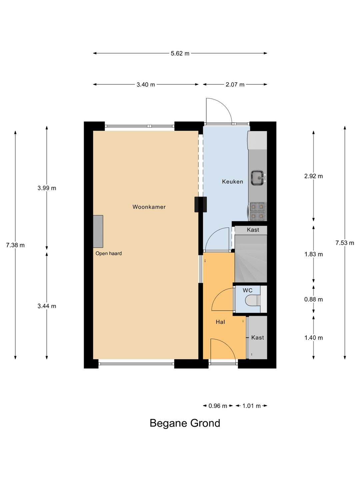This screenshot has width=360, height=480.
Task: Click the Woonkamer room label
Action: coord(149,207)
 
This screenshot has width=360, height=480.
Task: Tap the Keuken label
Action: coord(232,181)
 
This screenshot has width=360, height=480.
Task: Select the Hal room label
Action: coord(220,322)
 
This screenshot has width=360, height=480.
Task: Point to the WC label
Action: coord(247,290)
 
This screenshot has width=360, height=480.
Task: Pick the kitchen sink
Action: coord(258,177)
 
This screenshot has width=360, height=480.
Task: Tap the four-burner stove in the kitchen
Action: coord(257,211)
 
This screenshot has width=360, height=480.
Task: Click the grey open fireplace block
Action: coord(98,231)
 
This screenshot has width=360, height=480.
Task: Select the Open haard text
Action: coord(109,253)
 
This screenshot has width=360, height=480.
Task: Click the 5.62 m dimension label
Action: coord(180,53)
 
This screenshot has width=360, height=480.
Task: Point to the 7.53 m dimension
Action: coord(344,243)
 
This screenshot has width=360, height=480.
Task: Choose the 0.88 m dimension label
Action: coord(313,299)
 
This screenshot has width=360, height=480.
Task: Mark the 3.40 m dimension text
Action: coord(146,85)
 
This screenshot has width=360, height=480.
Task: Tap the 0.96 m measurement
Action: coord(217,406)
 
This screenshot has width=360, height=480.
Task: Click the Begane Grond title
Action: coord(185,423)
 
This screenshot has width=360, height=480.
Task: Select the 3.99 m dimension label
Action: coord(47,188)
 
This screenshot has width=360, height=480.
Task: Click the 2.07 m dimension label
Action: coord(235,85)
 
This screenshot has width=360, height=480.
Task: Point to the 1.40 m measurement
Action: coord(313,338)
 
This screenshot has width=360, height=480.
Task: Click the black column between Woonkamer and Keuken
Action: coord(200,204)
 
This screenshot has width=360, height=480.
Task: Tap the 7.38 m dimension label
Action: coord(15,245)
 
